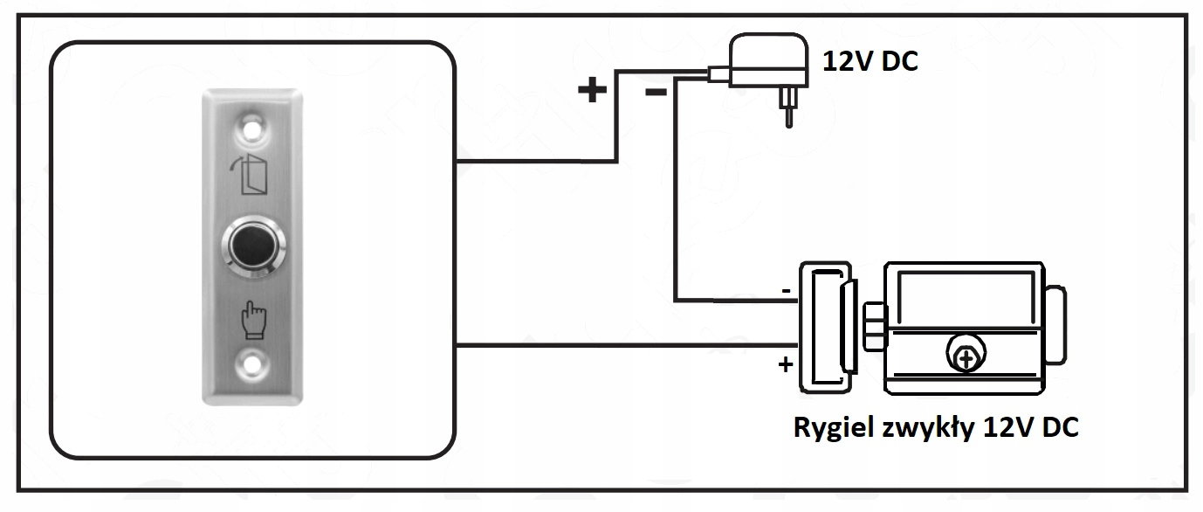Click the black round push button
click(x=253, y=246)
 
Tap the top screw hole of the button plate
click(x=251, y=129)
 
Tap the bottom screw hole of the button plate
click(x=251, y=365)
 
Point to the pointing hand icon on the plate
click(x=253, y=320)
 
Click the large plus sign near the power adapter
click(x=592, y=90)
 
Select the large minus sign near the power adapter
click(x=656, y=93)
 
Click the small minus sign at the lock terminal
click(x=787, y=291)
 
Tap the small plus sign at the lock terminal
click(x=786, y=364)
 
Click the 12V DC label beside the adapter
click(x=870, y=61)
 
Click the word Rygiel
click(x=833, y=429)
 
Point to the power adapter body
click(x=768, y=60)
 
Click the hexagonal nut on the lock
click(x=875, y=327)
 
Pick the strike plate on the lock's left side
click(x=826, y=327)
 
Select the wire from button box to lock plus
click(x=627, y=345)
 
